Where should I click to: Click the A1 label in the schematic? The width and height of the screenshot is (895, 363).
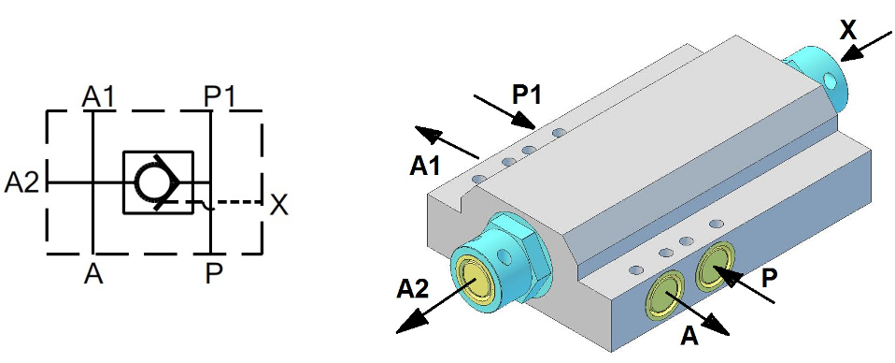tap(97, 96)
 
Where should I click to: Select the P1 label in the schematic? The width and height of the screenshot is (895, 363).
tap(220, 96)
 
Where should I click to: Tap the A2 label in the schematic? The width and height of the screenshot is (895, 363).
tap(21, 183)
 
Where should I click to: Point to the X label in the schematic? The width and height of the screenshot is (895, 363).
tap(279, 204)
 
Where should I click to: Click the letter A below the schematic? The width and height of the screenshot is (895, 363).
tap(93, 275)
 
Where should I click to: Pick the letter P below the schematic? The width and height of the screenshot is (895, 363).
tap(213, 275)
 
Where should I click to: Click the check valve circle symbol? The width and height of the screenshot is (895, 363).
tap(151, 181)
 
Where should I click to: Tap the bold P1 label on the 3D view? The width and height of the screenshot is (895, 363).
tap(526, 95)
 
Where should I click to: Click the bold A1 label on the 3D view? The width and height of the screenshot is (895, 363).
tap(425, 167)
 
